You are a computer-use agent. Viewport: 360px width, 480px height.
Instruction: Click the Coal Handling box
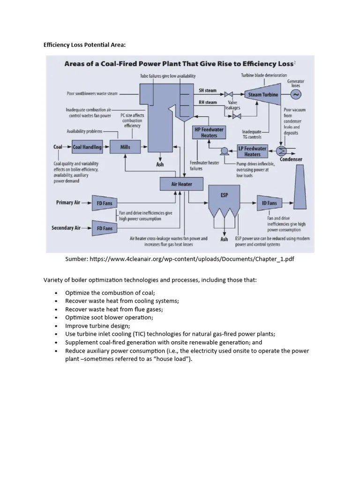[x=87, y=147]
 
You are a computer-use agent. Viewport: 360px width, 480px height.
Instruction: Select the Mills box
[x=125, y=147]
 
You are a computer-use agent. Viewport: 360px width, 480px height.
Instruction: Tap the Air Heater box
[x=181, y=184]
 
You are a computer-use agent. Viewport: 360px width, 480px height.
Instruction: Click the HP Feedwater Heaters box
[x=209, y=133]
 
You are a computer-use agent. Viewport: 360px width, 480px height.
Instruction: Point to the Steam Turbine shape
[x=262, y=95]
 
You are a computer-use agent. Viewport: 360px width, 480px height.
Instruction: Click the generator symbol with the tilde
[x=296, y=95]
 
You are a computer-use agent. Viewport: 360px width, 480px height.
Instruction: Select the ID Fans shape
[x=270, y=203]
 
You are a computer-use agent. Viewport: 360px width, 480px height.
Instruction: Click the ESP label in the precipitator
[x=224, y=195]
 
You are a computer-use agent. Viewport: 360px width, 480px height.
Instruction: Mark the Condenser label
[x=291, y=160]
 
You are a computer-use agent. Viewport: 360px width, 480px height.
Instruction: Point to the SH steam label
[x=208, y=90]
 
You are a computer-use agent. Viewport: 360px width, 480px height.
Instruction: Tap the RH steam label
[x=208, y=102]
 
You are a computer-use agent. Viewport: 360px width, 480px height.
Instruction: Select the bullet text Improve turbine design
[x=97, y=326]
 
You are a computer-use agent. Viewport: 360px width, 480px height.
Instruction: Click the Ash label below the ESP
[x=224, y=240]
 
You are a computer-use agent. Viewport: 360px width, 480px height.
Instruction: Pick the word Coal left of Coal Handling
[x=58, y=147]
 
